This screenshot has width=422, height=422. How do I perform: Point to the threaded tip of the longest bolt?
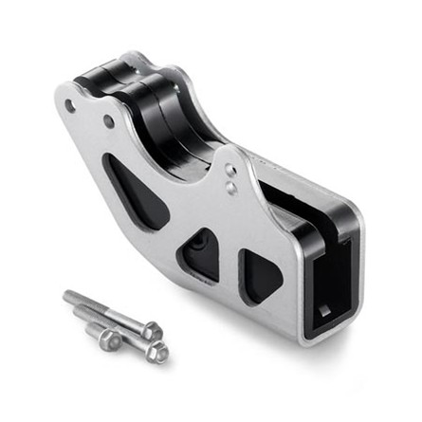point(68,296)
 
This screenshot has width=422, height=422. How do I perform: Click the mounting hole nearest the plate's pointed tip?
point(70,106)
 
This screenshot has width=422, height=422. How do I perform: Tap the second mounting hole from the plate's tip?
point(109,122)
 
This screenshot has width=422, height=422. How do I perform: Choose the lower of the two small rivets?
point(232,188)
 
